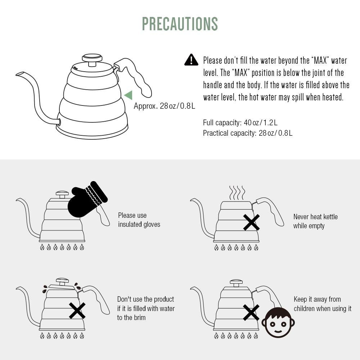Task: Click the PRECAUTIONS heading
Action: point(180,24)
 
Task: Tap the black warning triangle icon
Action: point(191,60)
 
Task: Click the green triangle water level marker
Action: point(129,95)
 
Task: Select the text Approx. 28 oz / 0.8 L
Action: point(165,106)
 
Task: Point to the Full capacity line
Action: point(240,122)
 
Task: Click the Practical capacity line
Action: point(248,133)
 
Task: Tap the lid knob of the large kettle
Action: point(92,59)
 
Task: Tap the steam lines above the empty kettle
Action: point(237,193)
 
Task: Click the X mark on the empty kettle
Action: point(251,222)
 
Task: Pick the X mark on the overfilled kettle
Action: point(77,310)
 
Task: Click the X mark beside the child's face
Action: point(251,312)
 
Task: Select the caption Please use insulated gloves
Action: point(139,220)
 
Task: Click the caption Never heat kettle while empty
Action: point(315,221)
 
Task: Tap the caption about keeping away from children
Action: point(323,304)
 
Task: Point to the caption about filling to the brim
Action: point(146,309)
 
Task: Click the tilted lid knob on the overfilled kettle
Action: point(62,282)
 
